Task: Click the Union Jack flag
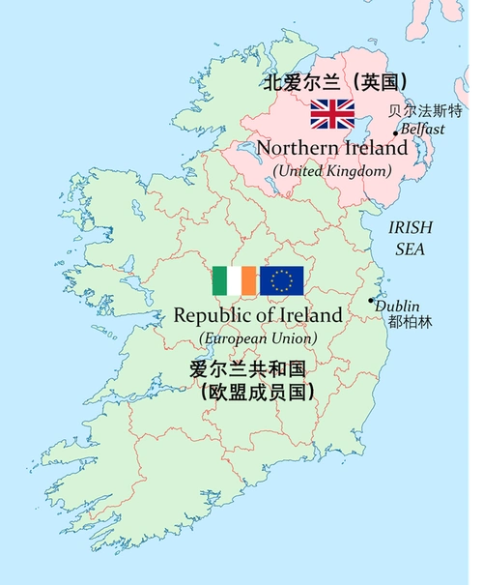(x=331, y=114)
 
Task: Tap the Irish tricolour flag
(x=235, y=280)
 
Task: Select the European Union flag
(x=282, y=280)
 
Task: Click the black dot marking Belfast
(x=396, y=133)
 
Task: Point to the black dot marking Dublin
(x=371, y=301)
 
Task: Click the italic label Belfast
(x=423, y=129)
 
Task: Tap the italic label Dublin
(x=397, y=306)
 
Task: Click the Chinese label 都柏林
(x=410, y=322)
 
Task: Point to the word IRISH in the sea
(x=411, y=227)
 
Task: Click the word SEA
(x=410, y=249)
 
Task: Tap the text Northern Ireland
(x=331, y=149)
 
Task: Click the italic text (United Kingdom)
(x=331, y=170)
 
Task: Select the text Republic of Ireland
(x=258, y=315)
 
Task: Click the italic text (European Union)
(x=258, y=337)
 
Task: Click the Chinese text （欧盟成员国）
(x=257, y=393)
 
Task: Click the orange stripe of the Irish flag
(x=249, y=280)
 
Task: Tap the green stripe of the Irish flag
(x=220, y=280)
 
